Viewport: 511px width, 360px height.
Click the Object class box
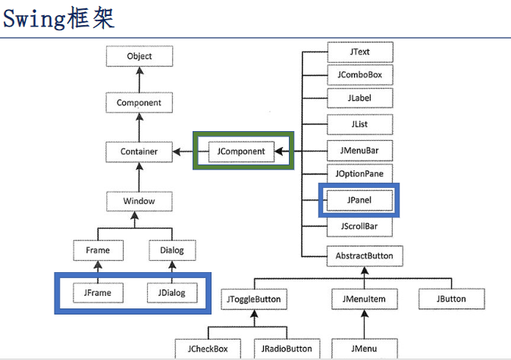point(140,56)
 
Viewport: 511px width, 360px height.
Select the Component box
point(140,103)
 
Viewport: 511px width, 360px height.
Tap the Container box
point(140,152)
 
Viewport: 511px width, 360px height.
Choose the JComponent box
point(241,152)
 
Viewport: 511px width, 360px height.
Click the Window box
point(140,202)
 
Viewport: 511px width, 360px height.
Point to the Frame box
point(98,250)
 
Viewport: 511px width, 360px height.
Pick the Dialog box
point(172,250)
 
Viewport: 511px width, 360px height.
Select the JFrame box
point(98,291)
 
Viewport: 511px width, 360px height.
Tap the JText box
point(360,52)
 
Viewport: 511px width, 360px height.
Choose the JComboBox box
point(360,76)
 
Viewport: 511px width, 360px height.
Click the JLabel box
point(360,99)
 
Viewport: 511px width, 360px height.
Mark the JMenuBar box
point(360,151)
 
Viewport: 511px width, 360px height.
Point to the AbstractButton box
point(365,255)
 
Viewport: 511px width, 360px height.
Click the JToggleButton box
point(253,299)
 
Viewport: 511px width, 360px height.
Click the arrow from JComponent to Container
point(183,152)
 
